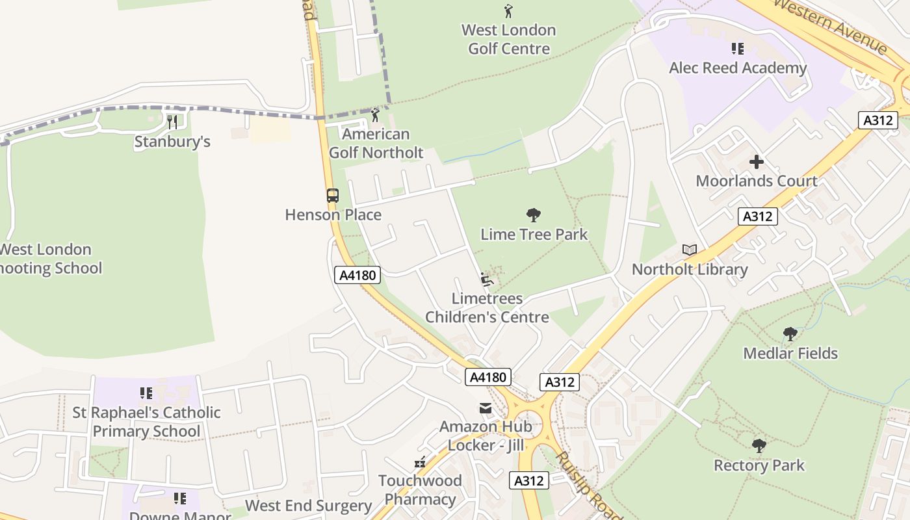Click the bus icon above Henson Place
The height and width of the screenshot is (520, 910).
332,195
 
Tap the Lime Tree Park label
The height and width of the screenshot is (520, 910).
534,234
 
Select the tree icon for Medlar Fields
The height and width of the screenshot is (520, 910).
790,334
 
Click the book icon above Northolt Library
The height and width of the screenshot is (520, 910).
690,250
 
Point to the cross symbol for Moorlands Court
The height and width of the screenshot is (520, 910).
757,162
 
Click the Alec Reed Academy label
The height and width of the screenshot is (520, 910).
738,68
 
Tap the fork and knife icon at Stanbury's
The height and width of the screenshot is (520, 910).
172,122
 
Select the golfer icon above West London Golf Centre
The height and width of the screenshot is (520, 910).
508,10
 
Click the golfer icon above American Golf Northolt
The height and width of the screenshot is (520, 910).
375,115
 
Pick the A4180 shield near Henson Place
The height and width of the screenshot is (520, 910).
357,275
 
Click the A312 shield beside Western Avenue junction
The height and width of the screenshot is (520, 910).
877,120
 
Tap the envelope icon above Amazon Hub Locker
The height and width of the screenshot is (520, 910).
486,408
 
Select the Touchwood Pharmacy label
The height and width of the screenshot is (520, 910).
420,490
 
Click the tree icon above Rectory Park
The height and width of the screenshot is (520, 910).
759,446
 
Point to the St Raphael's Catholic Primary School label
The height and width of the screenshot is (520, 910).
146,422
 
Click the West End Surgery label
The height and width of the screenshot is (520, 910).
308,506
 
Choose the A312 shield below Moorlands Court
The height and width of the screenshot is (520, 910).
757,216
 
